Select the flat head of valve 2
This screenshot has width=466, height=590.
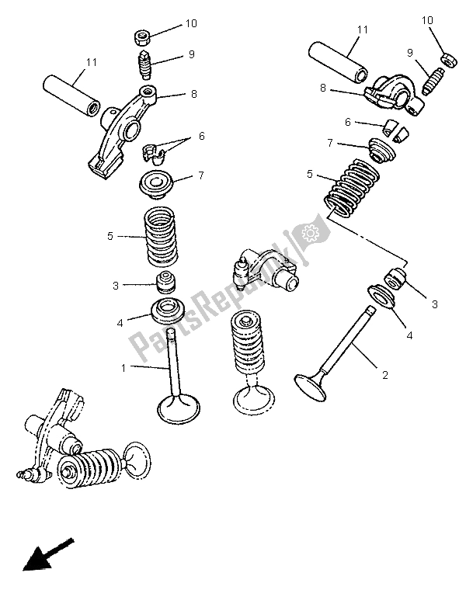tap(311, 384)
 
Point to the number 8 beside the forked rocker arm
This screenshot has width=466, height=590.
tap(195, 95)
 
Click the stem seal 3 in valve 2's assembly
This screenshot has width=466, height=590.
tap(397, 277)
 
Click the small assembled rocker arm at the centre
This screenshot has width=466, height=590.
tap(263, 271)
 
